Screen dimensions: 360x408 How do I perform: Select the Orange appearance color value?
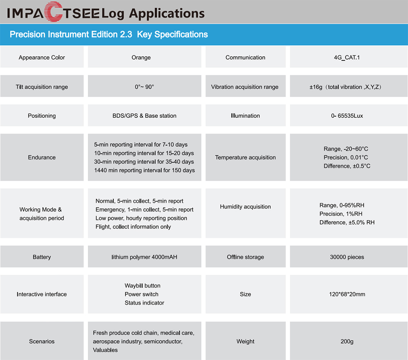tap(141, 57)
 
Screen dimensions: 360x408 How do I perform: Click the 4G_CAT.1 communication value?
tap(347, 57)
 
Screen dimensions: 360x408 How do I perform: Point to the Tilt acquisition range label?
tap(42, 87)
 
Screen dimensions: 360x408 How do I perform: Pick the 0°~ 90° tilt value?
tap(144, 87)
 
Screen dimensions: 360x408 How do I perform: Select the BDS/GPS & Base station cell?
tap(144, 116)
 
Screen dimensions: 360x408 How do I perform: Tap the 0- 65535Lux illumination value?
tap(347, 116)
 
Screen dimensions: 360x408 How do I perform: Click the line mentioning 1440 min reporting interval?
tap(144, 170)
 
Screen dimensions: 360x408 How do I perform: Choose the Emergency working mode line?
tap(144, 210)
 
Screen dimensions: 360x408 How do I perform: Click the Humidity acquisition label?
tap(245, 207)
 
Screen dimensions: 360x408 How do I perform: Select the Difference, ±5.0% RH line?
tap(347, 223)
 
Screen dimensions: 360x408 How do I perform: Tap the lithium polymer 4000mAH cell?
tap(144, 257)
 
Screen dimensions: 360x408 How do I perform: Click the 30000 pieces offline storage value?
tap(347, 257)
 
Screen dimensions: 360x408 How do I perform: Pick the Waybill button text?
tap(142, 286)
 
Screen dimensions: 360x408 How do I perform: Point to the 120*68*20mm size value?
tap(347, 294)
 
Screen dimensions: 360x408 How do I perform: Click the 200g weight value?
tap(347, 341)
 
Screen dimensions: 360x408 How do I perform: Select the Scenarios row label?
tap(42, 341)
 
